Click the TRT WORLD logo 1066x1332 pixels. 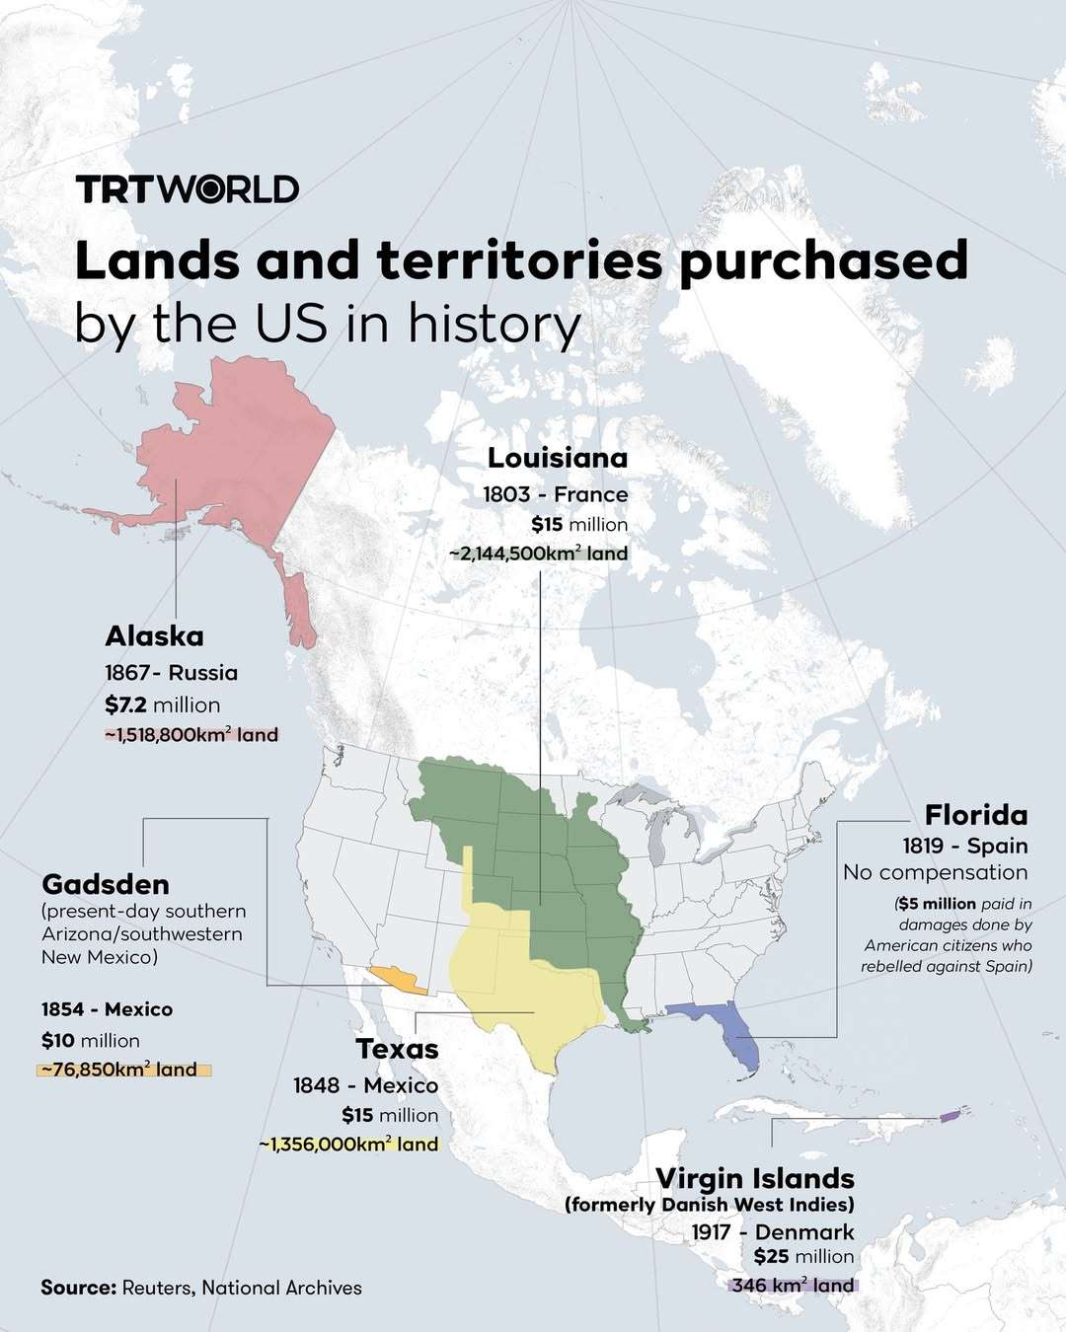pos(188,188)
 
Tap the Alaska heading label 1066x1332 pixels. pos(154,635)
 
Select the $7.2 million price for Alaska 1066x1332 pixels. pos(162,704)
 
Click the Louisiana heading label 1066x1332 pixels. pos(558,458)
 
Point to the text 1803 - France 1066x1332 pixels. pos(555,494)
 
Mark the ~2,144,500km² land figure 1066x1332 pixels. pos(538,554)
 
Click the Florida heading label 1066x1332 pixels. pos(975,815)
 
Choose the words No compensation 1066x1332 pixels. pos(935,872)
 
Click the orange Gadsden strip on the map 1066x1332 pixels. pos(398,979)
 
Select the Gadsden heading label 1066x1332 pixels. pos(106,883)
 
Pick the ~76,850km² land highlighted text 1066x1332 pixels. pos(123,1070)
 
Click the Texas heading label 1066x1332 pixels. pos(397,1048)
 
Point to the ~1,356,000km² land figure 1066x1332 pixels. pos(348,1145)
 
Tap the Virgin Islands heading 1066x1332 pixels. pos(755,1178)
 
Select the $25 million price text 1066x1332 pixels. pos(803,1256)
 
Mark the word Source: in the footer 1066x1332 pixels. pos(78,1288)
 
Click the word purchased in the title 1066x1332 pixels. pos(823,261)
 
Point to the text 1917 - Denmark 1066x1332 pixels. pos(772,1231)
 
